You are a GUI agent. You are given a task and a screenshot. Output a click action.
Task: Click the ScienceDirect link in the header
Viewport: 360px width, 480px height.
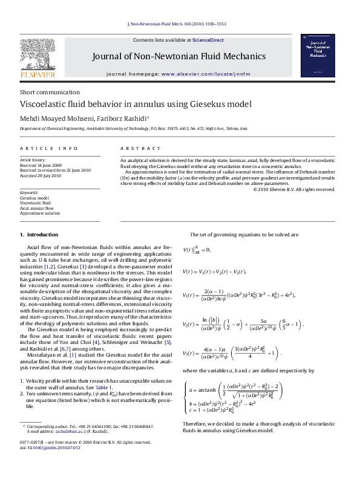pyautogui.click(x=208, y=40)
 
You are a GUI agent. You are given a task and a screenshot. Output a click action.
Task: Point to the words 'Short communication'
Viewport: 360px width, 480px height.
pyautogui.click(x=41, y=92)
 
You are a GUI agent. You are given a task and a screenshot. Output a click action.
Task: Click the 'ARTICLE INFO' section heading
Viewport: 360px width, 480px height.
pyautogui.click(x=48, y=148)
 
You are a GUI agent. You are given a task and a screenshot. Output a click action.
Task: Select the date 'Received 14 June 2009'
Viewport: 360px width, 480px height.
pyautogui.click(x=41, y=164)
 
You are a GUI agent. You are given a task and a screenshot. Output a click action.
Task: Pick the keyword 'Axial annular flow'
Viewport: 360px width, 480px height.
pyautogui.click(x=36, y=208)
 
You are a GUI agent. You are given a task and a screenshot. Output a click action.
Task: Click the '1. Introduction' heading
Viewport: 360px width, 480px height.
pyautogui.click(x=39, y=234)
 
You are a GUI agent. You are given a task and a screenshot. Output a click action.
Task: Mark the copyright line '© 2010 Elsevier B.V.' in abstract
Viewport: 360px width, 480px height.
pyautogui.click(x=293, y=189)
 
